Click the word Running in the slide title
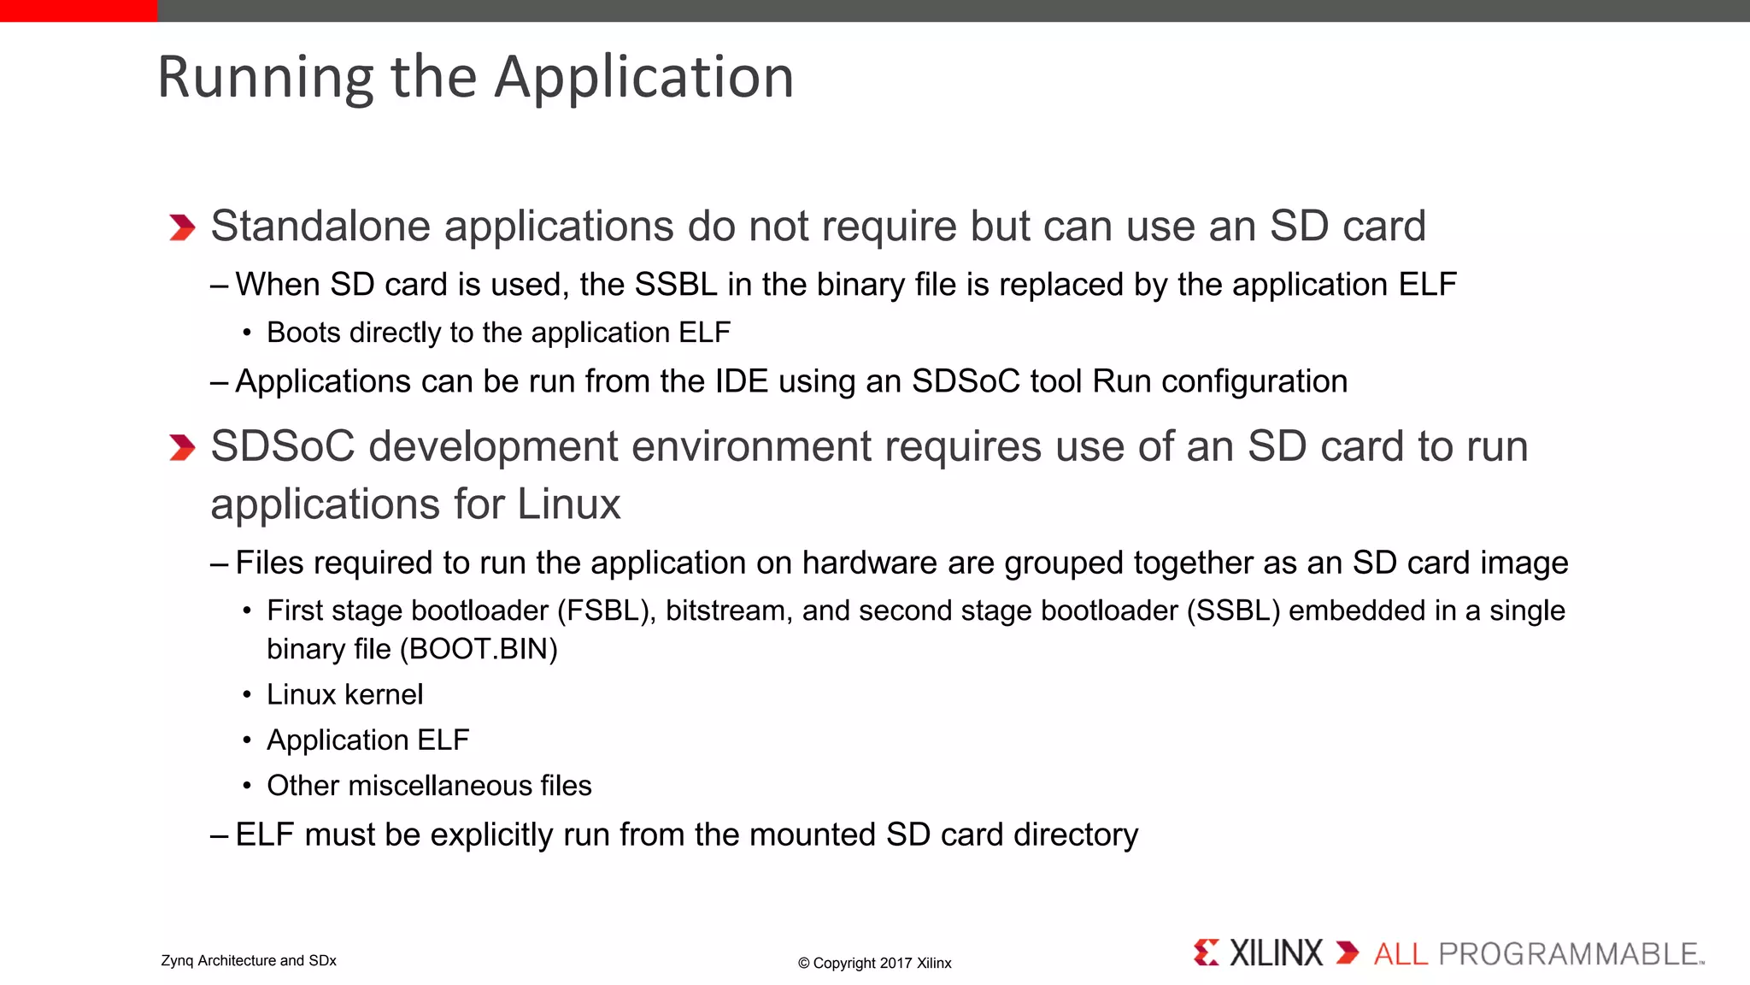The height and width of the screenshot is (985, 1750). click(266, 78)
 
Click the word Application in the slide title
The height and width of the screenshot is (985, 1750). click(644, 78)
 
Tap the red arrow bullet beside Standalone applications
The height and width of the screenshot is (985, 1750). click(182, 227)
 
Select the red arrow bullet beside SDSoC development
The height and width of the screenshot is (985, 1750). click(182, 447)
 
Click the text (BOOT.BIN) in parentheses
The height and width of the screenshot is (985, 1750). click(479, 649)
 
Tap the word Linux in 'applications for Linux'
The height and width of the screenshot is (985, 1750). click(568, 504)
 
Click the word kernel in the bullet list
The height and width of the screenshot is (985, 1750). click(384, 694)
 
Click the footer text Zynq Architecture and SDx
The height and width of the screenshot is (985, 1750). click(249, 961)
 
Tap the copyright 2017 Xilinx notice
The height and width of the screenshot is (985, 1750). click(874, 963)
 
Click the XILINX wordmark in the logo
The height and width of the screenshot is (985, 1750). click(1275, 953)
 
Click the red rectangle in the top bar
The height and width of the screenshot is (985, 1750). click(79, 10)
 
